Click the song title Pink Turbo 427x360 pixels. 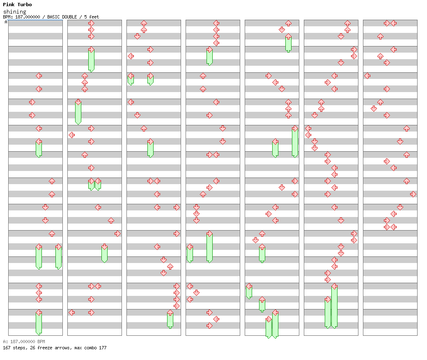coord(17,5)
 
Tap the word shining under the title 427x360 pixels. coord(15,12)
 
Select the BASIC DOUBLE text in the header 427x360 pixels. coord(62,17)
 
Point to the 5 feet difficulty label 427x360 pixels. coord(92,17)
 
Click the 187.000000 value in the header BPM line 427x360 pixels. coord(28,17)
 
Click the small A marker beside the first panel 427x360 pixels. coord(6,22)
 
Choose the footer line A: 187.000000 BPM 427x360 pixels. coord(24,342)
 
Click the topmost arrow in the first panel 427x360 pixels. coord(39,76)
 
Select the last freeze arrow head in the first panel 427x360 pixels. coord(39,313)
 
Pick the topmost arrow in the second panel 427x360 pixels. coord(91,23)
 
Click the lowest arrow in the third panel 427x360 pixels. coord(170,313)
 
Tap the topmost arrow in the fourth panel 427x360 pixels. coord(216,23)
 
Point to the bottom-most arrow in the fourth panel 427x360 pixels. coord(209,325)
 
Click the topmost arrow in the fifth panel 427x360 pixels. coord(288,23)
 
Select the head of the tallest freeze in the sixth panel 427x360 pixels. coord(334,286)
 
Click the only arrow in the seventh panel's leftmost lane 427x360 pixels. coord(367,76)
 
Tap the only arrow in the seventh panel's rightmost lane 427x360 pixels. coord(413,194)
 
